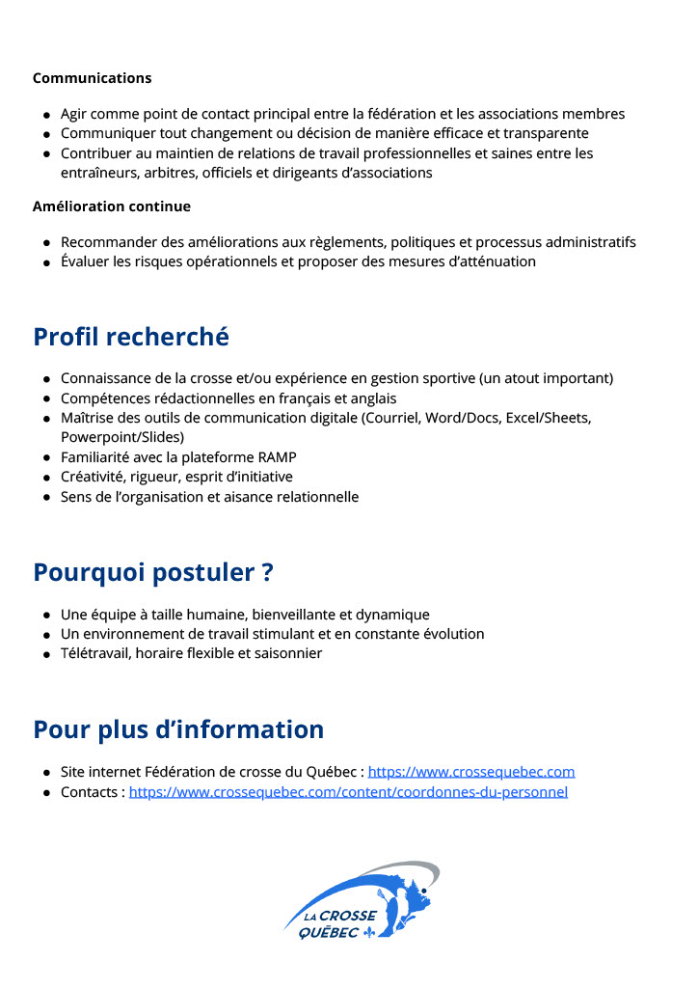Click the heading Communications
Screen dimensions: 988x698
coord(92,78)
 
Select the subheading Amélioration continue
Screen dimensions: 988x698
coord(112,206)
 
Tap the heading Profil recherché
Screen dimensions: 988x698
coord(131,337)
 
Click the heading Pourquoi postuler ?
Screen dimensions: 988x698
coord(153,572)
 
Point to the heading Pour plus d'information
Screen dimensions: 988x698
coord(178,728)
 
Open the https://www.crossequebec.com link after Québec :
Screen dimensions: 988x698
coord(471,772)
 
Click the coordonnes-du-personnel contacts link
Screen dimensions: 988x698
coord(348,792)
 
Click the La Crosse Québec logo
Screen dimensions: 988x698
coord(362,901)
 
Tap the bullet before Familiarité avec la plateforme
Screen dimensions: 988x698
coord(46,458)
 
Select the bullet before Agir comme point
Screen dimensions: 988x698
coord(46,115)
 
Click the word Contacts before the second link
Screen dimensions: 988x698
coord(90,792)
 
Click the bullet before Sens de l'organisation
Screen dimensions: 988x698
coord(46,498)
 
